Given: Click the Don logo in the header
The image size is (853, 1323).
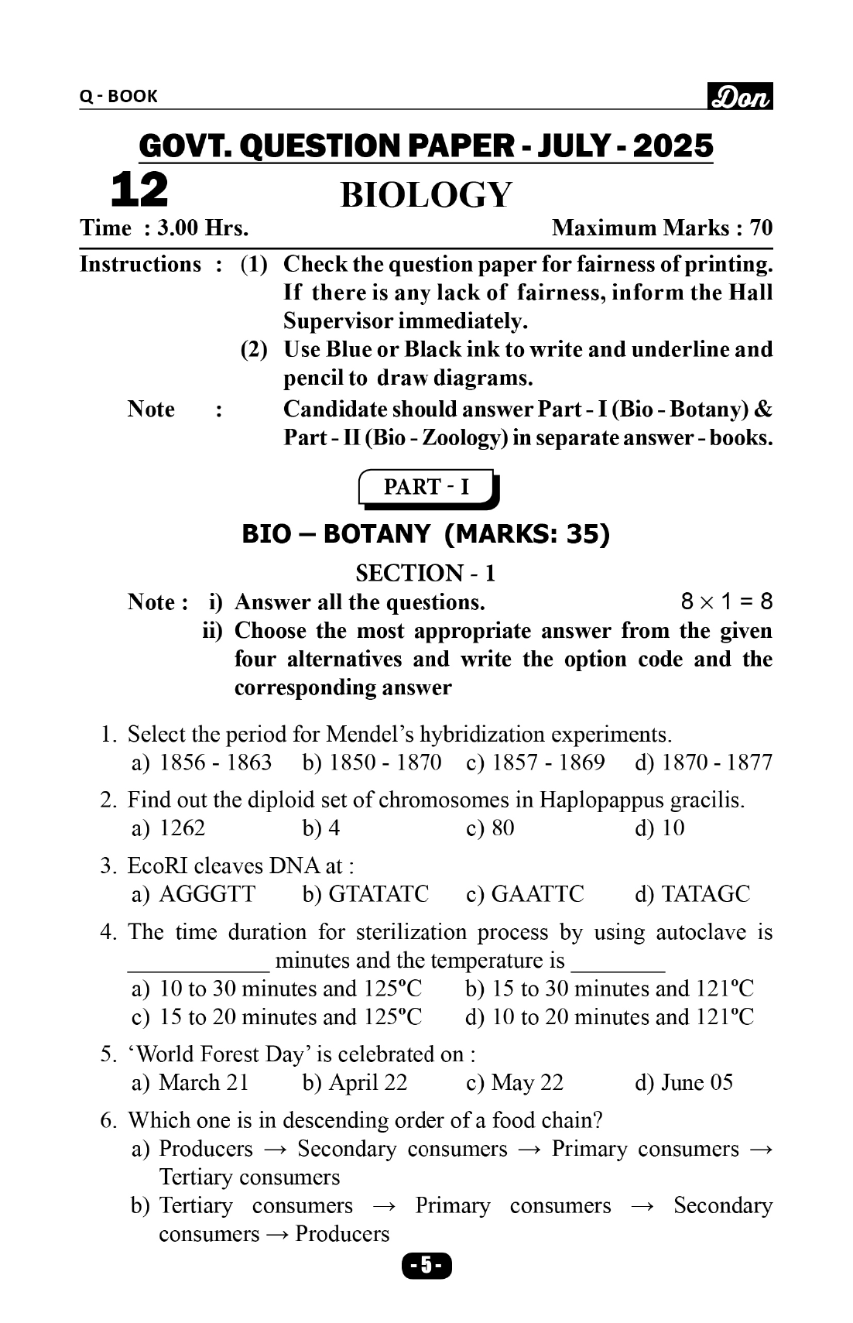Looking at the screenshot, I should click(x=740, y=97).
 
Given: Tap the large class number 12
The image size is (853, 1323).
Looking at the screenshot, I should click(x=139, y=190).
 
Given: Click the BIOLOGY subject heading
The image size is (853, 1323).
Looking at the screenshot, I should click(x=426, y=194).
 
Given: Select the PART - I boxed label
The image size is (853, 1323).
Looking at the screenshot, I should click(x=426, y=487).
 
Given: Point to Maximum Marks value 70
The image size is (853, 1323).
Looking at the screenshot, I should click(x=761, y=228).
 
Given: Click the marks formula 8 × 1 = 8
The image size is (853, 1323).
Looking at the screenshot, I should click(x=726, y=602).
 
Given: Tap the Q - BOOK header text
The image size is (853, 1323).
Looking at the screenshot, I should click(x=118, y=96).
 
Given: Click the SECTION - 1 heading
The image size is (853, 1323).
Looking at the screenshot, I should click(x=426, y=573).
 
